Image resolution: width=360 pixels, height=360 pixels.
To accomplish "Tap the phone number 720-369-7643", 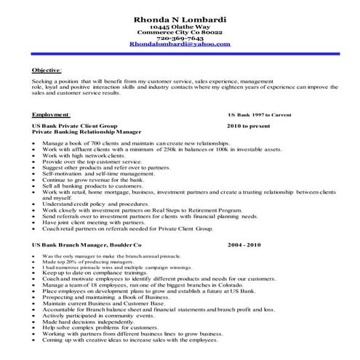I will point(180,38).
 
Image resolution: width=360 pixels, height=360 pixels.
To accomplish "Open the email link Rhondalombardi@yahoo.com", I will point(180,44).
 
